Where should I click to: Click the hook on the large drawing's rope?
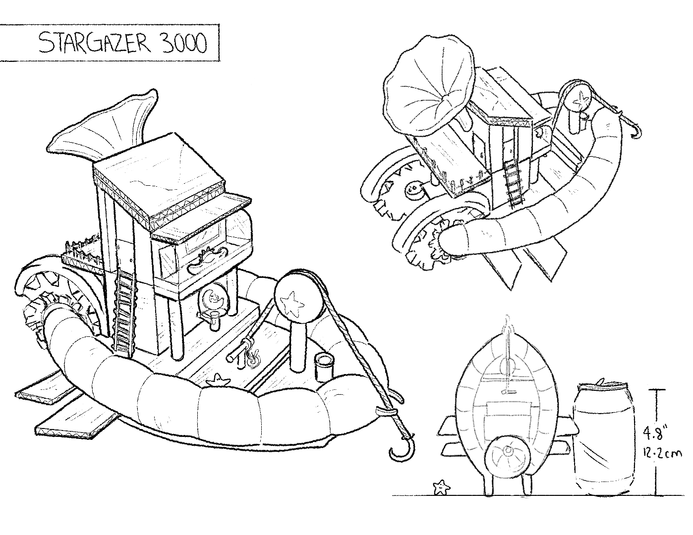(x=403, y=450)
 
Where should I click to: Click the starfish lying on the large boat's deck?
(x=218, y=379)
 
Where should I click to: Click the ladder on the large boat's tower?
(x=124, y=312)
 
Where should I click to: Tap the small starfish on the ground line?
(x=441, y=487)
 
